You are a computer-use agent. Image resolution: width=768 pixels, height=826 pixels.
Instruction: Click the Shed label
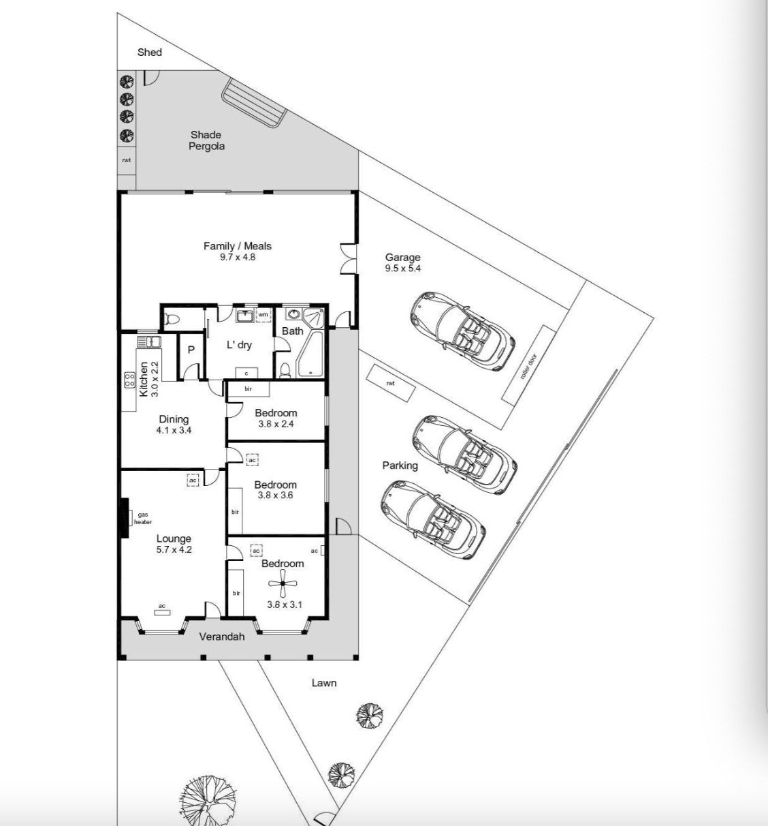point(150,52)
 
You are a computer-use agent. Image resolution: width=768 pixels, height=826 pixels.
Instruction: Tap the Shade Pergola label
point(206,140)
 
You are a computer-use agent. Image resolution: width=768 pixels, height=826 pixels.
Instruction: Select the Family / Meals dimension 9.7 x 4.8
point(238,257)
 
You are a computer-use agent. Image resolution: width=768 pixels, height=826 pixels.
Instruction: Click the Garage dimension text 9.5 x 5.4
point(402,269)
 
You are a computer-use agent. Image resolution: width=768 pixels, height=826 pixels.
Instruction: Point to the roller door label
point(528,366)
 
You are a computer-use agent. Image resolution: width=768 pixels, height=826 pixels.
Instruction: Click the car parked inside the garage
point(462,331)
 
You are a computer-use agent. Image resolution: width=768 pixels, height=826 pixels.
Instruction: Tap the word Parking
point(400,465)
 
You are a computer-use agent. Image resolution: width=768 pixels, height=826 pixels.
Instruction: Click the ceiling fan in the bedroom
point(283,583)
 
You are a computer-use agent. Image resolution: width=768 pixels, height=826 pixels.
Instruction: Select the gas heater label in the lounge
point(142,518)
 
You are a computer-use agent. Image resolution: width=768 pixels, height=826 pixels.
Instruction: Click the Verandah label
point(222,637)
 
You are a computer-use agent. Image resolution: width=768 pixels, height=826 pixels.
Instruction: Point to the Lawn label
point(324,683)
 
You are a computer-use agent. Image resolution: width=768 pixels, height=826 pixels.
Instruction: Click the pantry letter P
point(191,350)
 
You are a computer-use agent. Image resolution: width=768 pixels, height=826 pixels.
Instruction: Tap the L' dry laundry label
point(239,345)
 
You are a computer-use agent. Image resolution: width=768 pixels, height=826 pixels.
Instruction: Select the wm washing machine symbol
point(263,315)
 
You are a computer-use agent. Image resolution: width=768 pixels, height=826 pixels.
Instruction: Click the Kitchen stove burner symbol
point(129,380)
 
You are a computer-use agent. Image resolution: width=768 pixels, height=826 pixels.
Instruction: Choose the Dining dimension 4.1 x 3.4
point(174,430)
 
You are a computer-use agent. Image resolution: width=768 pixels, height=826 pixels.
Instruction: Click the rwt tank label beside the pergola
point(127,160)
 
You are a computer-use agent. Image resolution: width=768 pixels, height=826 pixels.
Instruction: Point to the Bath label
point(293,331)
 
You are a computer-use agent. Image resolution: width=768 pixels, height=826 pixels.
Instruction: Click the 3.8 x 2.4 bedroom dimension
point(276,424)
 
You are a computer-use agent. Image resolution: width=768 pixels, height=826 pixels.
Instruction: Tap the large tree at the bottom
point(208,798)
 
